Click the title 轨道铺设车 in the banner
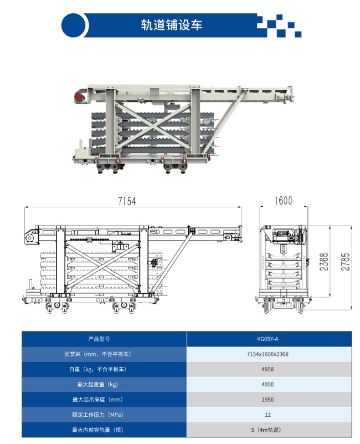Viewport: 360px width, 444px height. pos(172,25)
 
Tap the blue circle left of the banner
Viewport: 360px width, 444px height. pos(73,25)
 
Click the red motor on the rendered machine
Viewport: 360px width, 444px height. pos(79,97)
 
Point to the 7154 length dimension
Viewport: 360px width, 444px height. pos(127,201)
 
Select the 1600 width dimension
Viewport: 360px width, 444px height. pos(283,201)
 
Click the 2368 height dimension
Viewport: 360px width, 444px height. pos(324,262)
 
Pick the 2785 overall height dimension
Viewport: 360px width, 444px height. pos(345,262)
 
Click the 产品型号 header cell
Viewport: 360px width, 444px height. pos(99,339)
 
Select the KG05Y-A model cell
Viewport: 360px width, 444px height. pos(268,339)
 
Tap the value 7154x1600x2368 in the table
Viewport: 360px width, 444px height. pos(268,354)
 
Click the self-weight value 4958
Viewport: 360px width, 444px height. pos(268,369)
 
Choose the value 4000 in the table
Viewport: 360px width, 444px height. pos(268,384)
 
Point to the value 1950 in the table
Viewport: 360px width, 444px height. pos(268,400)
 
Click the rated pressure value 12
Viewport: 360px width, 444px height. pos(268,415)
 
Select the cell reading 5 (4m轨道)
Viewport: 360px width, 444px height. pos(266,430)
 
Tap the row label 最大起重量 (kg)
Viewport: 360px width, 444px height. pos(97,384)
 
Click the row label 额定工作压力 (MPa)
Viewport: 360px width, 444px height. pos(97,415)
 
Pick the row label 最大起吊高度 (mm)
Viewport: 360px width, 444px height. pos(97,400)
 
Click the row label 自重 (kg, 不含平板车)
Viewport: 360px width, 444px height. pos(97,369)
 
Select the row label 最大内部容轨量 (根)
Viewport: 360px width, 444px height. pos(97,430)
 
